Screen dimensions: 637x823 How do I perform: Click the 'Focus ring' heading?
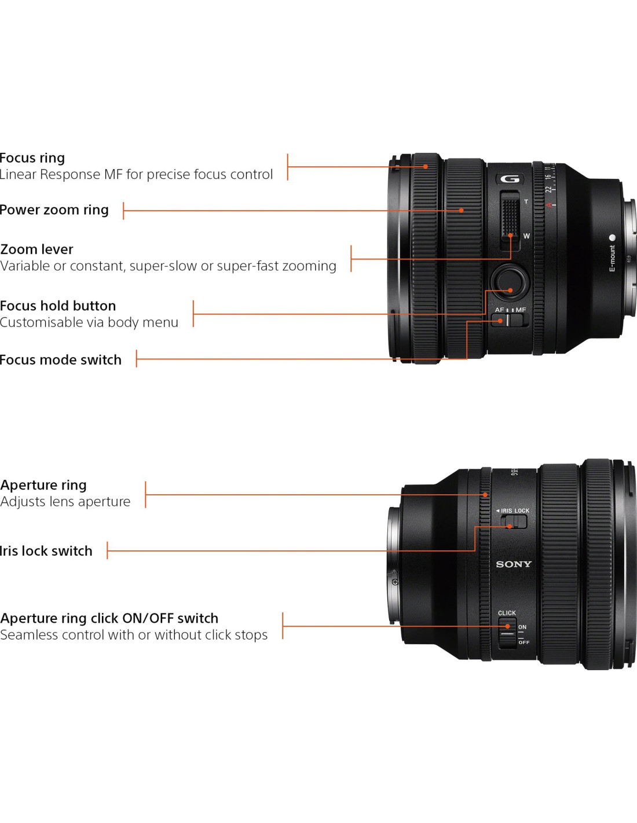32,158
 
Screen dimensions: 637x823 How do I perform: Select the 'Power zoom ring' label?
54,210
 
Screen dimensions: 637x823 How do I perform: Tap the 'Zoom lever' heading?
36,249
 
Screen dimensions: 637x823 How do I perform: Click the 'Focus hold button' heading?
58,306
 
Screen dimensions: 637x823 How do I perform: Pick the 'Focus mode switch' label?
61,360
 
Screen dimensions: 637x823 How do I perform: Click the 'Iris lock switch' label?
46,550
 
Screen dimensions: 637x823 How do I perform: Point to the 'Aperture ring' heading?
43,485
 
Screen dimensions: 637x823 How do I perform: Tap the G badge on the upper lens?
510,179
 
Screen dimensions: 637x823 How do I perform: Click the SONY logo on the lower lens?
514,564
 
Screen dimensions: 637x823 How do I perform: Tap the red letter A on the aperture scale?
549,205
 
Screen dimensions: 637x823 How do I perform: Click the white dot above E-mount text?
612,237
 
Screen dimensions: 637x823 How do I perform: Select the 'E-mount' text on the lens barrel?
612,258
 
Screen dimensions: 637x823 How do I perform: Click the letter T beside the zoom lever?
526,201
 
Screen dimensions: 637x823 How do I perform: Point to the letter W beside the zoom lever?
526,236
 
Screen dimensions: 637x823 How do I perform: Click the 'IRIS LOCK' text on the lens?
515,510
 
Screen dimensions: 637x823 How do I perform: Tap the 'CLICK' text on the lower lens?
507,613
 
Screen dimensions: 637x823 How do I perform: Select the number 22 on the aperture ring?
549,189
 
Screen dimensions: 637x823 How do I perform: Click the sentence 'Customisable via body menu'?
89,322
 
